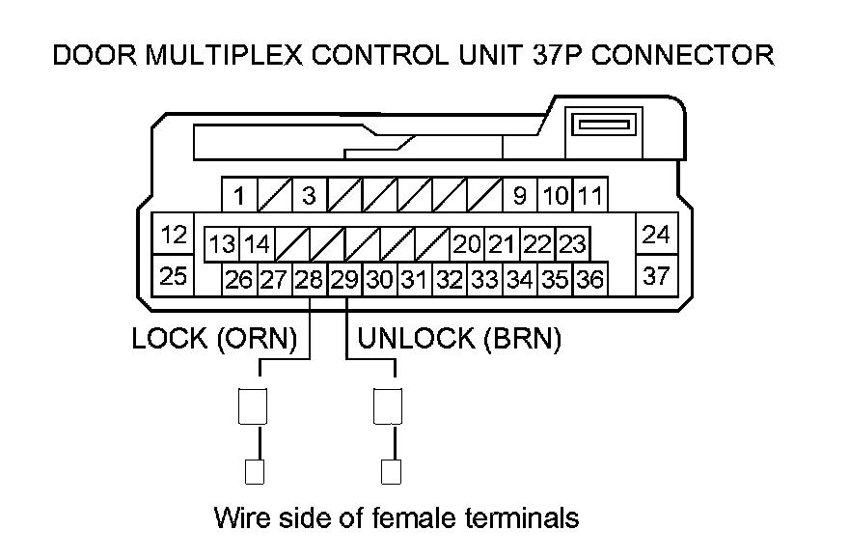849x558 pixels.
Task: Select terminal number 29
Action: tap(345, 280)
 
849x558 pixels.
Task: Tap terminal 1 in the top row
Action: tap(239, 194)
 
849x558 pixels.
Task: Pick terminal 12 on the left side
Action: tap(174, 234)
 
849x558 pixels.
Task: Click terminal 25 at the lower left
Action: tap(174, 276)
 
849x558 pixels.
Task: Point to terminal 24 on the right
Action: tap(656, 234)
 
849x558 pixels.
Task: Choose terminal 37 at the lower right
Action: tap(656, 276)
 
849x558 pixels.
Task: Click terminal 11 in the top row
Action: tap(590, 194)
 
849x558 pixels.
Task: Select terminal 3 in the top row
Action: tap(310, 194)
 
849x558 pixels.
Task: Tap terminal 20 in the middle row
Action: tap(467, 244)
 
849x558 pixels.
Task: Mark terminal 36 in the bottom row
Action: tap(590, 280)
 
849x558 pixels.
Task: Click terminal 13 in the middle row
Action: tap(222, 244)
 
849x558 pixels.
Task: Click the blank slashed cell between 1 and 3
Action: tap(275, 194)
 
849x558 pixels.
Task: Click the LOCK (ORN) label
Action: tap(214, 339)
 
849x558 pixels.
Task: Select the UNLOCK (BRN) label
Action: tap(459, 339)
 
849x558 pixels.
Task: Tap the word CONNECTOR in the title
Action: tap(683, 55)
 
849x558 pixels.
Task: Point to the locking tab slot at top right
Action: tap(604, 125)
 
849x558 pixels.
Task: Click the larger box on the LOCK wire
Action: tap(253, 405)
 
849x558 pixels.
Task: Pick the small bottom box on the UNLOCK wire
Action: tap(391, 472)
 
